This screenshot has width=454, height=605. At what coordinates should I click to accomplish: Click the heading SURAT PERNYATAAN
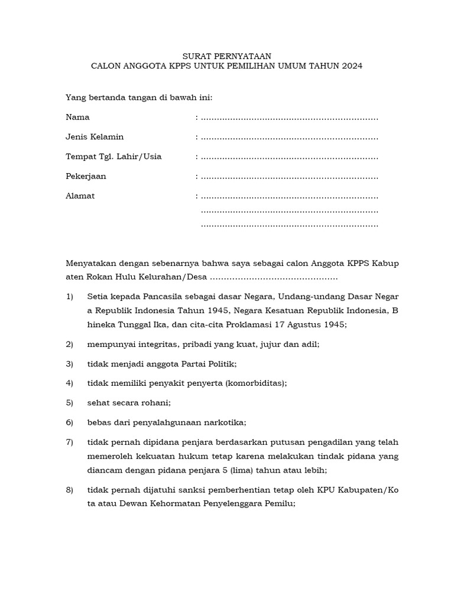pyautogui.click(x=226, y=56)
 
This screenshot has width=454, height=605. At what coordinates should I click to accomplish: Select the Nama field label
pyautogui.click(x=77, y=117)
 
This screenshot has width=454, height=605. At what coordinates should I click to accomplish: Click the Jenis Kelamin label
pyautogui.click(x=95, y=136)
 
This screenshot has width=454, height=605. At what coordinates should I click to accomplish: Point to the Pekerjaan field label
pyautogui.click(x=86, y=176)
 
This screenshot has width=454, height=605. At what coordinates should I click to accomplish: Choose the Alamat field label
pyautogui.click(x=80, y=196)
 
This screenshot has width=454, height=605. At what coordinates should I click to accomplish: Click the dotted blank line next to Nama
pyautogui.click(x=289, y=118)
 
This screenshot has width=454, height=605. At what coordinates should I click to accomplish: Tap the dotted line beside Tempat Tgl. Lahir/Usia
pyautogui.click(x=289, y=158)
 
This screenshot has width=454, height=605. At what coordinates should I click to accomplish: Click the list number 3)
pyautogui.click(x=69, y=363)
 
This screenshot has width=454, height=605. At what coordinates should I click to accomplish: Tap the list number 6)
pyautogui.click(x=69, y=422)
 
